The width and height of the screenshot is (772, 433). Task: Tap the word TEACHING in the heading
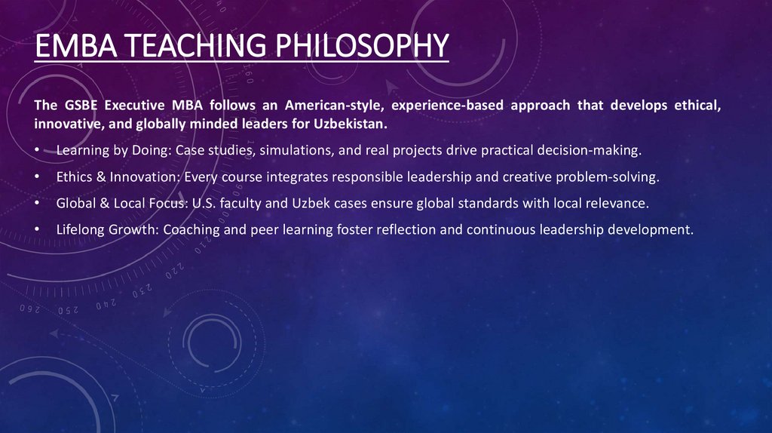click(x=188, y=46)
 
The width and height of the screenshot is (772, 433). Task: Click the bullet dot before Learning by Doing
click(x=38, y=151)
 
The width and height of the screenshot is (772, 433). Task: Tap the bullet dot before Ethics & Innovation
click(x=38, y=177)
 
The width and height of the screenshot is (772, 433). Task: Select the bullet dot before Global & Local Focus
click(x=38, y=204)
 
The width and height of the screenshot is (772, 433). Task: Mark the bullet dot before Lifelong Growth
click(x=38, y=230)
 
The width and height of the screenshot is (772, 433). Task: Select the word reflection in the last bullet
click(x=403, y=230)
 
